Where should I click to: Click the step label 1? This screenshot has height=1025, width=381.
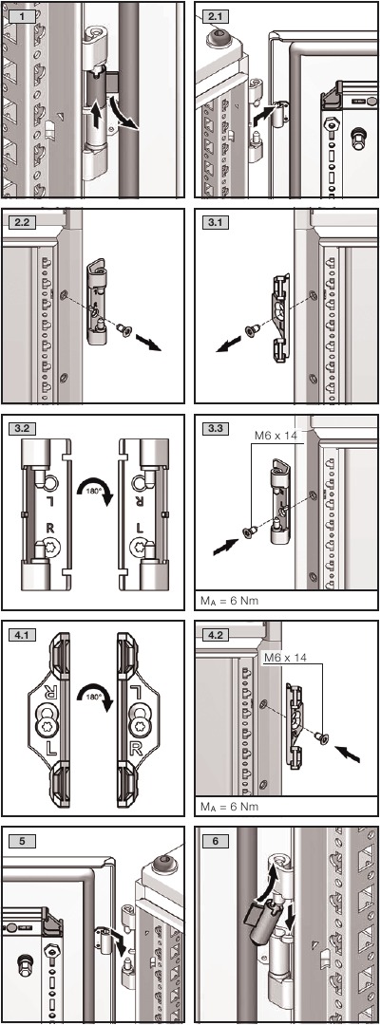click(x=23, y=14)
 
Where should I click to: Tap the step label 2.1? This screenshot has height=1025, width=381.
click(x=212, y=14)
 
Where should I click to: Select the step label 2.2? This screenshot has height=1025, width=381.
click(x=22, y=222)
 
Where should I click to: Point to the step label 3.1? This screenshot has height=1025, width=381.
click(x=212, y=222)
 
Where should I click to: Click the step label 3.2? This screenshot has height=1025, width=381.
click(x=22, y=428)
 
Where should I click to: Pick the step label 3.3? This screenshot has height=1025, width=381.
click(x=212, y=428)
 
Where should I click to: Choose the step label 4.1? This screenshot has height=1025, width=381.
click(x=22, y=634)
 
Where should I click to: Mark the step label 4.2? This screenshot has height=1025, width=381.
click(x=212, y=634)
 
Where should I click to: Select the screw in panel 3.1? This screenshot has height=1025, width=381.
click(x=252, y=329)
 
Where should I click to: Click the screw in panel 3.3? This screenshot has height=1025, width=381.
click(x=249, y=533)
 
